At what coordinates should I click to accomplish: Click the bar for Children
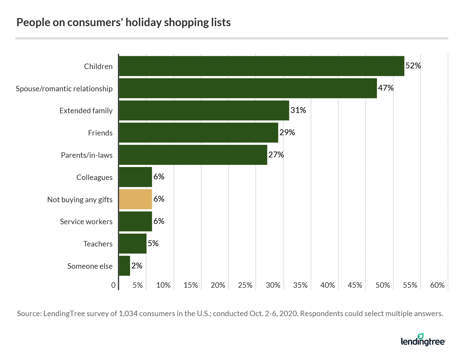click(x=261, y=66)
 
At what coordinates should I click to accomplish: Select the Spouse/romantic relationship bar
click(x=248, y=88)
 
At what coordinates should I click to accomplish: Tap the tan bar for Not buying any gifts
click(x=135, y=199)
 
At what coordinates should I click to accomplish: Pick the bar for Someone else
click(x=124, y=266)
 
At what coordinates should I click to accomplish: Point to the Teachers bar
click(x=133, y=244)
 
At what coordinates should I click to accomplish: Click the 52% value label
click(x=413, y=66)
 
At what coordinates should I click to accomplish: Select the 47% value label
click(x=386, y=88)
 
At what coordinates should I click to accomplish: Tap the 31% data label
click(x=298, y=110)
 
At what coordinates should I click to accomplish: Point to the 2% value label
click(x=137, y=265)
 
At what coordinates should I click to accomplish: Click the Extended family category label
click(x=86, y=111)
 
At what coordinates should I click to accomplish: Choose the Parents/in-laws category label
click(x=86, y=155)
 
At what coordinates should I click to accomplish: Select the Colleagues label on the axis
click(x=94, y=177)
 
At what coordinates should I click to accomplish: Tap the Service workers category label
click(x=86, y=222)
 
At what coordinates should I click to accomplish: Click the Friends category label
click(x=100, y=133)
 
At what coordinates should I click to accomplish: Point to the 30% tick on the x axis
click(x=273, y=285)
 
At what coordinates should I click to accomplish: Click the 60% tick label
click(x=437, y=285)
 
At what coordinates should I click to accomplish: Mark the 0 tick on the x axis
click(x=113, y=285)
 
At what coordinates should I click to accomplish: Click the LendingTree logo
click(x=423, y=340)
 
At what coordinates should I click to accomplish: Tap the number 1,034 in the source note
click(x=128, y=314)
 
